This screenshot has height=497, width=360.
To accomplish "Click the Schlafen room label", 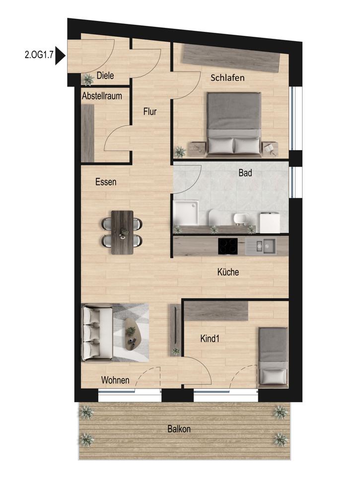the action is (227, 78).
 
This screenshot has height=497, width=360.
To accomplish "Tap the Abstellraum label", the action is (102, 96).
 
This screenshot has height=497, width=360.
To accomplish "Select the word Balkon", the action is (179, 429).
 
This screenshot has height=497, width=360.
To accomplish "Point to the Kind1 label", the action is (210, 338).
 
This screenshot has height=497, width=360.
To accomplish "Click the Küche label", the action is (228, 272).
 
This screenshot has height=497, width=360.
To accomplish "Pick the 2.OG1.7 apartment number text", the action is (38, 55).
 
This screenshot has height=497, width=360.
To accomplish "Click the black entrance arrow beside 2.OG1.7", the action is (60, 56).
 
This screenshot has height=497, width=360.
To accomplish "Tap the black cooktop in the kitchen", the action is (228, 247).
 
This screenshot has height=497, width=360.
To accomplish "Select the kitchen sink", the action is (265, 246).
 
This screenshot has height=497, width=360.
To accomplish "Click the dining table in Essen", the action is (122, 232).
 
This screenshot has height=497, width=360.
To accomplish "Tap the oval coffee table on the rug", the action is (133, 334).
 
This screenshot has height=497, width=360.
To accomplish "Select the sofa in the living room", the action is (97, 332).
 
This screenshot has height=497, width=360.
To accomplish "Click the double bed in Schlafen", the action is (234, 124).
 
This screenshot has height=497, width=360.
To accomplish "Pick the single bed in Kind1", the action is (273, 356).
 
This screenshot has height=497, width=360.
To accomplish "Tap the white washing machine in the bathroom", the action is (270, 223).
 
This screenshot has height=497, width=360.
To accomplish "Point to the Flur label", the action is (150, 111).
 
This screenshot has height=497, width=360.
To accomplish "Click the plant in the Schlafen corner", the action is (180, 152).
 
